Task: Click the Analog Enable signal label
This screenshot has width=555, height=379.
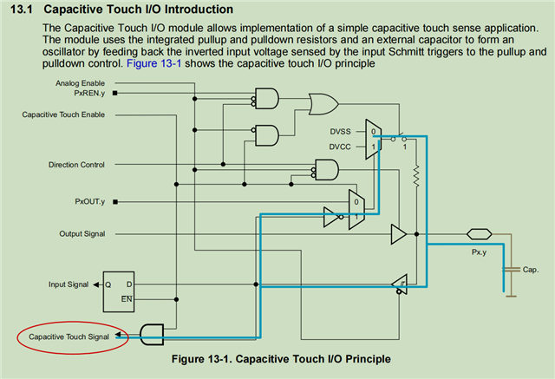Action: coord(80,83)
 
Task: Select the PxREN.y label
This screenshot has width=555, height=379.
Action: coord(89,93)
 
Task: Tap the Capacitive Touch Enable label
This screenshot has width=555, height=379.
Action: coord(63,114)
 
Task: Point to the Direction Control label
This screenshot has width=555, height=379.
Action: coord(76,165)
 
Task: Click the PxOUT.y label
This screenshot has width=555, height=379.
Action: coord(90,202)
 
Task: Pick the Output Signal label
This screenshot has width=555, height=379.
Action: coord(82,234)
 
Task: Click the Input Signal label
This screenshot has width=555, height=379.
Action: coord(69,284)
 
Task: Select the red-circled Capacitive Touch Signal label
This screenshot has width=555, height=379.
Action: coord(69,337)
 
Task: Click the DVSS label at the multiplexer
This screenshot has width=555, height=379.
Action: coord(340,132)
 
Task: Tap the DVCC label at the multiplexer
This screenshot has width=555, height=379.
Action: coord(340,147)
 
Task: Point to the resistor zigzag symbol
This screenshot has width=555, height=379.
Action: coord(416,176)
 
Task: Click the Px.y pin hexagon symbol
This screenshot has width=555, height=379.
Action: coord(480,234)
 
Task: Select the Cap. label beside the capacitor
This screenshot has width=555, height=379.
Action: coord(531,270)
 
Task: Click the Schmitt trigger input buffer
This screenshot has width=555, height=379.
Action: coord(400,284)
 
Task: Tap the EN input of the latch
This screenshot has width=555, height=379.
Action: coord(127,299)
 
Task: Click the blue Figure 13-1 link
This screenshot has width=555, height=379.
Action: coord(154,63)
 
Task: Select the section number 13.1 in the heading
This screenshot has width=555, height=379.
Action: coord(22,10)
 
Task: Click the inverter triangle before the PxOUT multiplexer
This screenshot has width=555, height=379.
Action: coord(331,217)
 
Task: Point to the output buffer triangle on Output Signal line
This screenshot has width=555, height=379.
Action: coord(399,234)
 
